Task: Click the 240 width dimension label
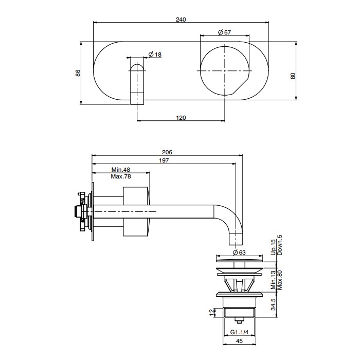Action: [181, 19]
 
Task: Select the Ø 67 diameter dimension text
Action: [224, 32]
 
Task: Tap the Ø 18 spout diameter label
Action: [155, 55]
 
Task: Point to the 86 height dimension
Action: [78, 73]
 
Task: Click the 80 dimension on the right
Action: [293, 76]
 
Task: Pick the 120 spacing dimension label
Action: [181, 118]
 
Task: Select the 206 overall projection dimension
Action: [167, 152]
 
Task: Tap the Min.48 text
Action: [121, 170]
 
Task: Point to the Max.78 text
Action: [121, 176]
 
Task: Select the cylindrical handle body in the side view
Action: [137, 211]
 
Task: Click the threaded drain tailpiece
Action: [239, 312]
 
